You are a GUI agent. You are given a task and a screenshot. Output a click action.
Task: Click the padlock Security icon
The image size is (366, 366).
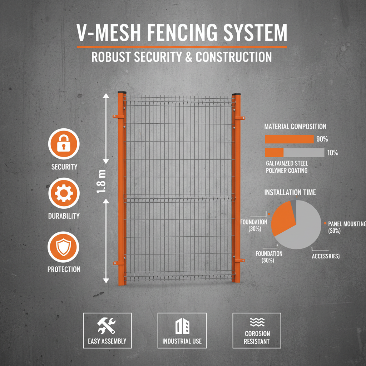64,143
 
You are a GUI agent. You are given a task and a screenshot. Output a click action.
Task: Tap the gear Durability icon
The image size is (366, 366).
64,193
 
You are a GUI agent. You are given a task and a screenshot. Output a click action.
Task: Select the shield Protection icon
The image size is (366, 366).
64,247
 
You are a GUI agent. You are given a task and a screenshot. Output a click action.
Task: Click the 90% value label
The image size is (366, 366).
322,139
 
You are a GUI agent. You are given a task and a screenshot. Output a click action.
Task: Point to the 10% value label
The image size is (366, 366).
332,153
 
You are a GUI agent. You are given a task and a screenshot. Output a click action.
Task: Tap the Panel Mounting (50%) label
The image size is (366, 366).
346,227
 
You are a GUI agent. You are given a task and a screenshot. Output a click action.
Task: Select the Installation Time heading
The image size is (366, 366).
290,192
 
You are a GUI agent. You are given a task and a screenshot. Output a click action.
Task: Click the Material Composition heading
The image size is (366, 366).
295,127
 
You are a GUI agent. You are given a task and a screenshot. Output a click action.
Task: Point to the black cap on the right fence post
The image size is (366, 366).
236,94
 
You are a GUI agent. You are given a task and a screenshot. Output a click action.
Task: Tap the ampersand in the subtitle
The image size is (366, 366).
188,57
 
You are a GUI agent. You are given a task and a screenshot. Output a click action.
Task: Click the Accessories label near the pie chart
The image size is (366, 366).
325,256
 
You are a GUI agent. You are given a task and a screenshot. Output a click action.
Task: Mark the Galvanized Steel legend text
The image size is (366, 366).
287,163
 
